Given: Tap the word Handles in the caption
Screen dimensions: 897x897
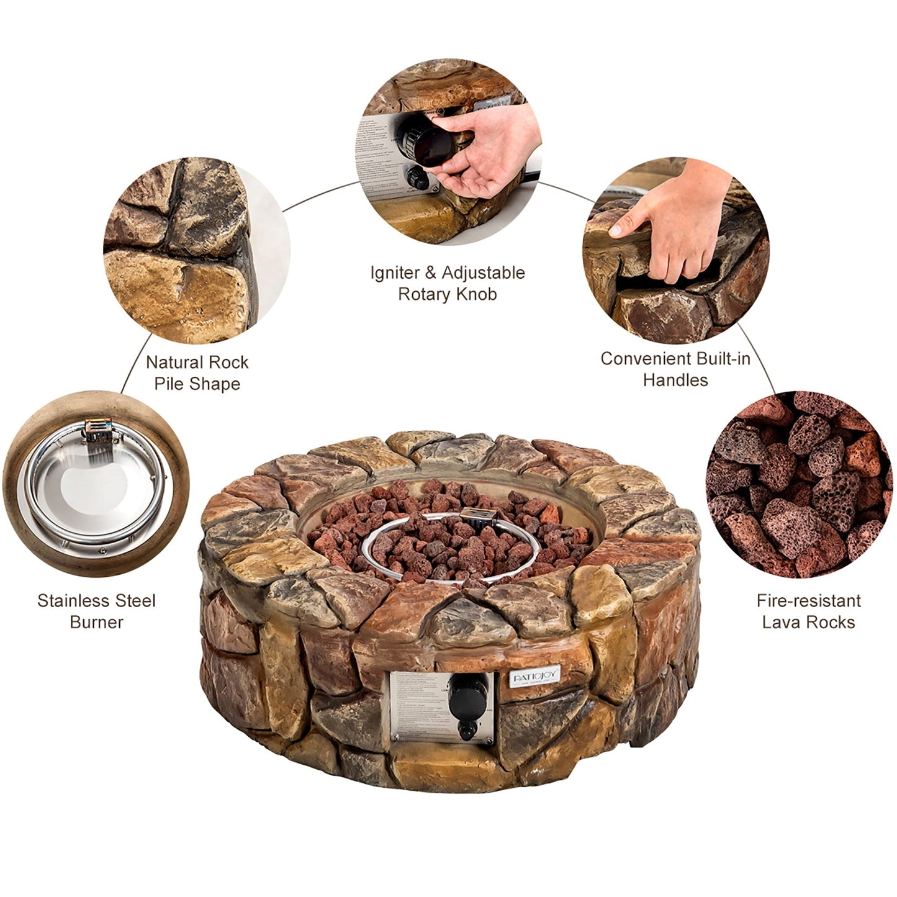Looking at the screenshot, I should [x=675, y=380].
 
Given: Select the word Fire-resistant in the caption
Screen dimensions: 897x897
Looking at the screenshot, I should [x=808, y=601].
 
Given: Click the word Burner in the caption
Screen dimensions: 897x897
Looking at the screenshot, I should [x=96, y=622].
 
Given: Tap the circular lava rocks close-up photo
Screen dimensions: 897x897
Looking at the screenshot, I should [x=800, y=484].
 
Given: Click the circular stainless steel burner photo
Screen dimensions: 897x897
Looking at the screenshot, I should [x=96, y=484].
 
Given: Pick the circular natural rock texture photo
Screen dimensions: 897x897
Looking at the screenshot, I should [x=196, y=250].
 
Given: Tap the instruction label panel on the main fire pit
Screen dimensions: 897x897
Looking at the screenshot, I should [x=417, y=708].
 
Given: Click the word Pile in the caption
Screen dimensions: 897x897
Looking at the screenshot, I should [x=168, y=384].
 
